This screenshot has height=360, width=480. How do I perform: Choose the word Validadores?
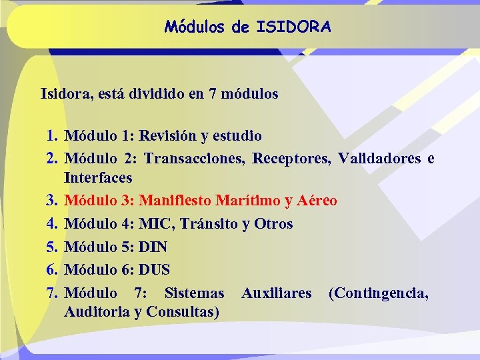tap(379, 159)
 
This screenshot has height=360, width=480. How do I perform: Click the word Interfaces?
tap(98, 178)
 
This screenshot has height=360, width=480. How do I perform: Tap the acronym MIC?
tap(155, 224)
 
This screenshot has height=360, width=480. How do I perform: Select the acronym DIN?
tap(153, 247)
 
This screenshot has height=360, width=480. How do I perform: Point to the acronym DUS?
tap(155, 270)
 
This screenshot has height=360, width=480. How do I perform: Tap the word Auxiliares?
tap(276, 293)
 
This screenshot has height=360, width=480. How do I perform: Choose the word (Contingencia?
tap(378, 293)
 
